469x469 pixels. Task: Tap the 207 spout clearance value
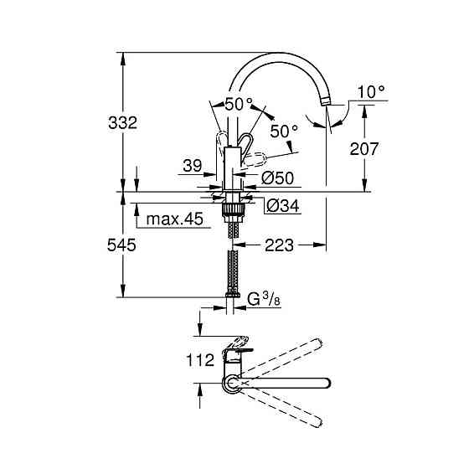(364, 148)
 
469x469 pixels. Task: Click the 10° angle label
(368, 91)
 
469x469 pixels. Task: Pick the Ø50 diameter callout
(277, 178)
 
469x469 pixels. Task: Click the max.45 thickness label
(174, 220)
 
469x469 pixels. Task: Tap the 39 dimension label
(192, 167)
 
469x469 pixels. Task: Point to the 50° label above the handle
(238, 105)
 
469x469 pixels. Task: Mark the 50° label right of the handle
(284, 131)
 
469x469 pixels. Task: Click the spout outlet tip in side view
(327, 101)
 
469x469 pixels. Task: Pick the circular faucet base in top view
(230, 384)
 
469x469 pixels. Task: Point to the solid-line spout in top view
(285, 384)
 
